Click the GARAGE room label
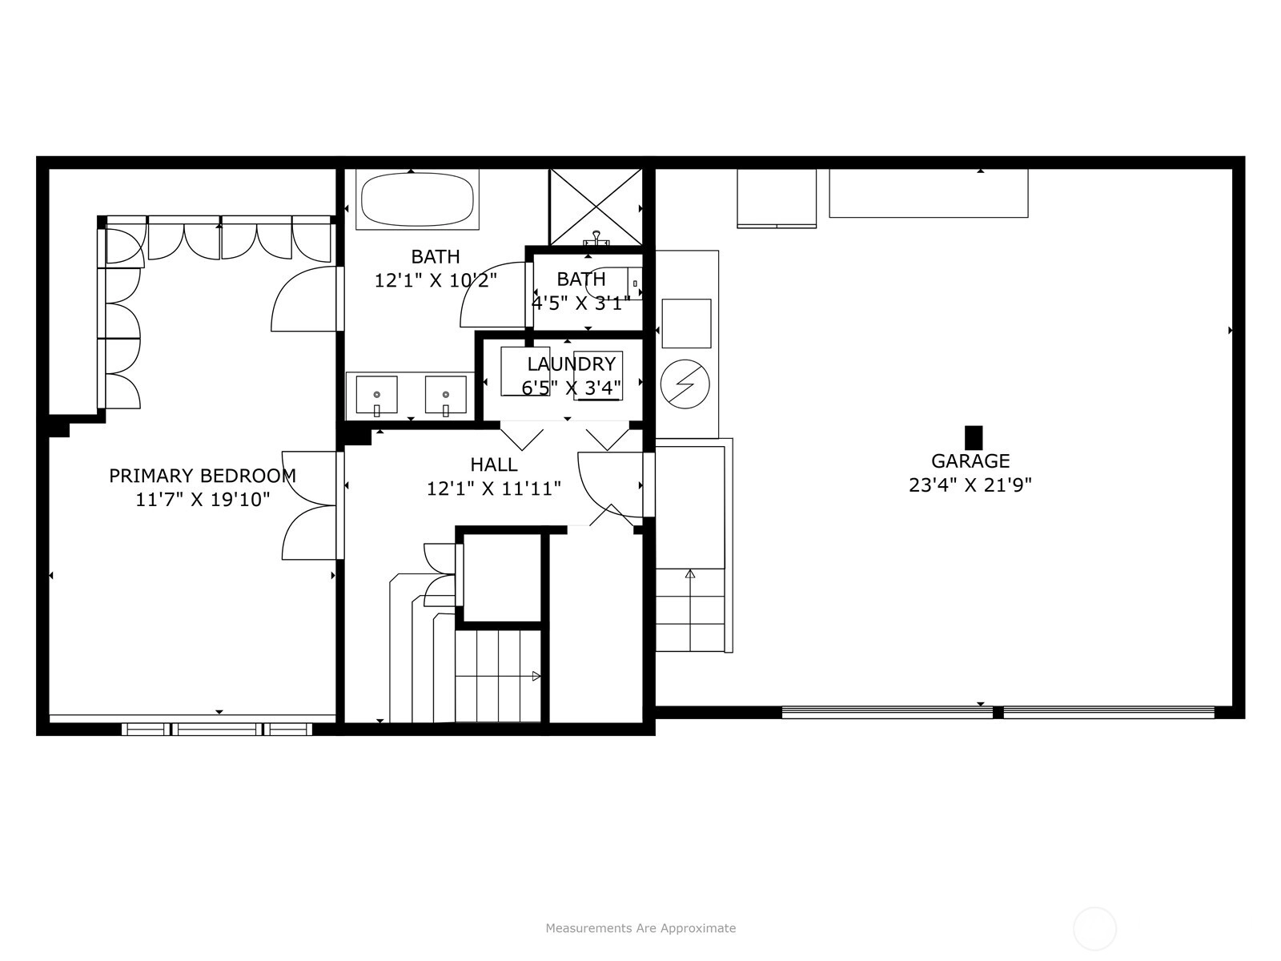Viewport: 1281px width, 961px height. (970, 461)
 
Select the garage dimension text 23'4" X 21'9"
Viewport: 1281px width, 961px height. (970, 485)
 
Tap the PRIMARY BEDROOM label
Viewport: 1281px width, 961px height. (203, 476)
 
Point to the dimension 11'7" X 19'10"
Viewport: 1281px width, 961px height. (203, 500)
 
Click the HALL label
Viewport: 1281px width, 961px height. (494, 464)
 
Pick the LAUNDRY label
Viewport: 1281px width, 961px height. (572, 364)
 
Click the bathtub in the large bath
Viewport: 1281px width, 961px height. (417, 199)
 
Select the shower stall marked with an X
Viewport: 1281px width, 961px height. (596, 207)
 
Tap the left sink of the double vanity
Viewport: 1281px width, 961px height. (376, 395)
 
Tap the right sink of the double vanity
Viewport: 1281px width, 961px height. (445, 395)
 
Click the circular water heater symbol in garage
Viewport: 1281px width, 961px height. (685, 384)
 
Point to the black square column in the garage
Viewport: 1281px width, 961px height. (974, 437)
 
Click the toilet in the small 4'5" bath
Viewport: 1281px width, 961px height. (612, 283)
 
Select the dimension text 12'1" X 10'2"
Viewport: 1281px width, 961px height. (436, 280)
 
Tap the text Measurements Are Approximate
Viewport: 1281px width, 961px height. (640, 927)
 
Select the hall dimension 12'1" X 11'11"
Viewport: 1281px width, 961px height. (494, 489)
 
